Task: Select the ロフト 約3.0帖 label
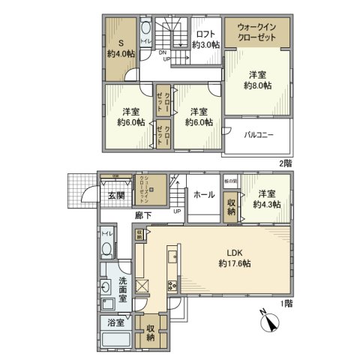[x=205, y=39]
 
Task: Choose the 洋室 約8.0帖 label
[x=257, y=79]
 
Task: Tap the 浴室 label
[x=115, y=325]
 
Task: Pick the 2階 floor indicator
[x=286, y=163]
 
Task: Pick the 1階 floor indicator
[x=286, y=303]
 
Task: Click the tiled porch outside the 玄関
[x=79, y=192]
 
